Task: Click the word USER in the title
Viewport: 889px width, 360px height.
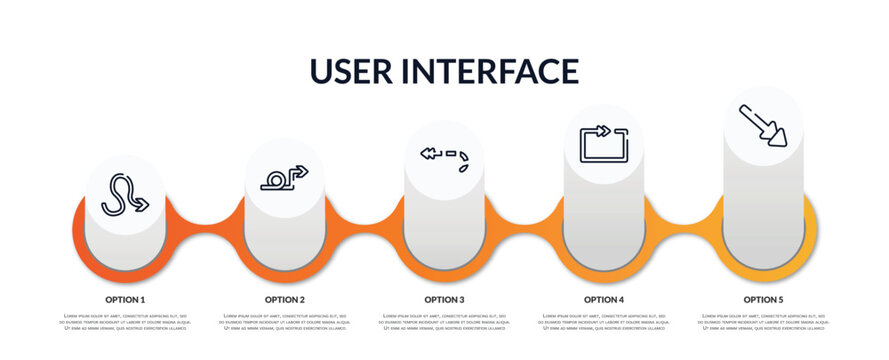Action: (x=356, y=71)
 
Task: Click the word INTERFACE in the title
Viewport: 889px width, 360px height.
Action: (x=490, y=71)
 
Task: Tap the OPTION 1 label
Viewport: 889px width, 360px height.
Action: (x=125, y=299)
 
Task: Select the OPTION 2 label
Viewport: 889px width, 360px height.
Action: (x=284, y=299)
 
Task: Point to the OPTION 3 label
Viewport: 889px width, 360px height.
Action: (x=444, y=299)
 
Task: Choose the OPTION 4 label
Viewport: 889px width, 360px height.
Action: (x=604, y=299)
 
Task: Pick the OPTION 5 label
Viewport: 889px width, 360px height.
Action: (x=763, y=299)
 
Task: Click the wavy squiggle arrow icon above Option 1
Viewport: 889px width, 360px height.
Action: (x=125, y=194)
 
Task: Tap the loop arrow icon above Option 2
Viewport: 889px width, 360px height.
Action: (x=284, y=178)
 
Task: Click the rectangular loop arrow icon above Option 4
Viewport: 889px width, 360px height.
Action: (x=603, y=142)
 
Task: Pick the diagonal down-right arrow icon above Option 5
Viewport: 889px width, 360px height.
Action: (x=763, y=125)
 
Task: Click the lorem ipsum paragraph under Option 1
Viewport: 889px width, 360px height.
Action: (x=125, y=323)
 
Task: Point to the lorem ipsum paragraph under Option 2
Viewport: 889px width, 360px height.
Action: (x=284, y=323)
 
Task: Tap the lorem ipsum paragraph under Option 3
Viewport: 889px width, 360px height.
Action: (x=444, y=323)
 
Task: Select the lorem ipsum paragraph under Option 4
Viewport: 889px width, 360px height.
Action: (x=604, y=323)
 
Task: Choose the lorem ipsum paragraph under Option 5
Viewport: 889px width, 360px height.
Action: (x=763, y=323)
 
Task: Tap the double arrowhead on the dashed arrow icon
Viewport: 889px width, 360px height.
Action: (x=429, y=153)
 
